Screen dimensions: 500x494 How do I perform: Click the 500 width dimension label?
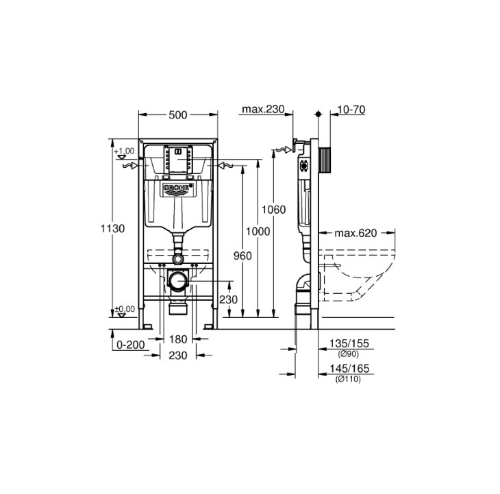(x=178, y=115)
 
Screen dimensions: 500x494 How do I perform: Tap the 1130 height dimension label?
(x=112, y=228)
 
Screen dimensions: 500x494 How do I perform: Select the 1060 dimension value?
(x=273, y=210)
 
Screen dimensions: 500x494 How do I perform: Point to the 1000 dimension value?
(x=258, y=231)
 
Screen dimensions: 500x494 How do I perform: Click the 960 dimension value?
(x=242, y=256)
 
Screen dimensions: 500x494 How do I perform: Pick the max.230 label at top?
(x=263, y=109)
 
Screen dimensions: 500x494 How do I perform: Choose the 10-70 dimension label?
(x=351, y=110)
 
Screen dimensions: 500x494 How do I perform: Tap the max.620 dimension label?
(x=355, y=233)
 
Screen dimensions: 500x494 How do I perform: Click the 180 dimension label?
(x=178, y=339)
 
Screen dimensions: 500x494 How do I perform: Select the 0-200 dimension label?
(x=131, y=345)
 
